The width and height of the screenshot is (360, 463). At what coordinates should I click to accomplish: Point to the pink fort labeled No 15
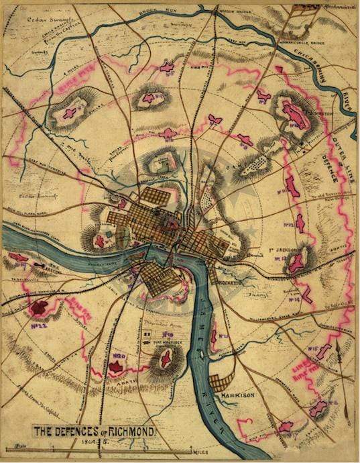[x=324, y=350]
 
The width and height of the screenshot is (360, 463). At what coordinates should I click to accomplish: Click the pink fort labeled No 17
[x=285, y=426]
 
